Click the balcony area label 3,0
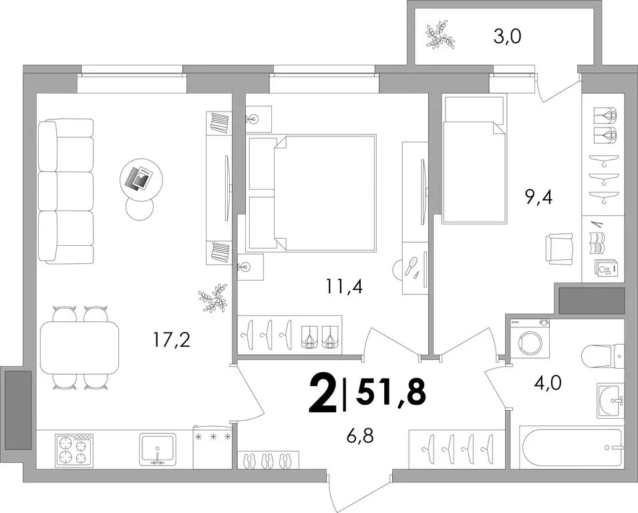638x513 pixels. [507, 37]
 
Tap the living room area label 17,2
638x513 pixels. [172, 339]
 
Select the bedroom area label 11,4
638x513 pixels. [343, 287]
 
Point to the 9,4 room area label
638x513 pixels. [538, 198]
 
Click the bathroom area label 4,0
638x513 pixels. [547, 383]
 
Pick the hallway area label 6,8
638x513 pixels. [359, 437]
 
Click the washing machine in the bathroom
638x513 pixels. [528, 339]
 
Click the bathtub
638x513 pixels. [572, 447]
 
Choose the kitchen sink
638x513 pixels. [158, 449]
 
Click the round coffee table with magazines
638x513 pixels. [141, 178]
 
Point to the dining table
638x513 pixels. [79, 348]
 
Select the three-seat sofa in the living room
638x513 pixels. [66, 191]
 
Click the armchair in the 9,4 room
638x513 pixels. [559, 248]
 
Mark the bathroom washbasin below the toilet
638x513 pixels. [611, 400]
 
